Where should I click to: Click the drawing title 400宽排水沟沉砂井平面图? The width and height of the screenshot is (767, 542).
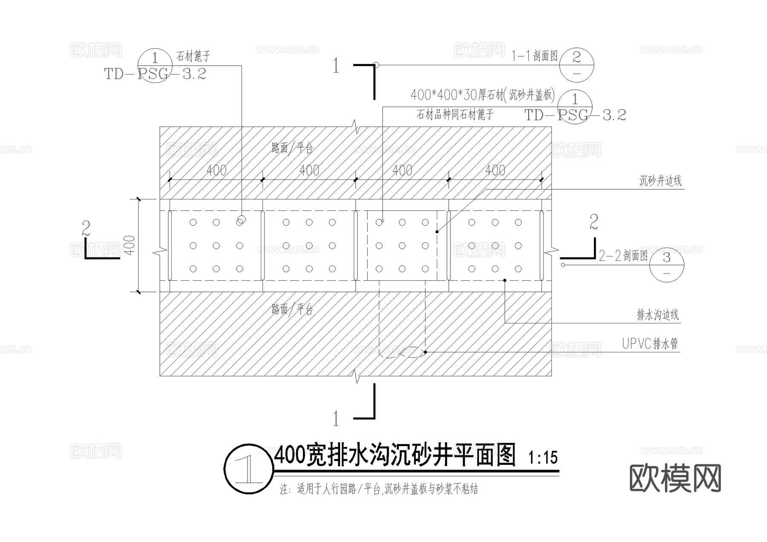coord(395,456)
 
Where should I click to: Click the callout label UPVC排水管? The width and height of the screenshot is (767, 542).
coord(649,343)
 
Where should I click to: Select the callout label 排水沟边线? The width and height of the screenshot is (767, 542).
coord(657,315)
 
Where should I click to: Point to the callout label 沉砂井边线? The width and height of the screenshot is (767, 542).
coord(660,181)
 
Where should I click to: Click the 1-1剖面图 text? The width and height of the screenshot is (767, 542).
coord(534,56)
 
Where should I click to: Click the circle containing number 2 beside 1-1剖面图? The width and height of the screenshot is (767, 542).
coord(576,65)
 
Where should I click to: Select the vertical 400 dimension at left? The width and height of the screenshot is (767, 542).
coord(131,245)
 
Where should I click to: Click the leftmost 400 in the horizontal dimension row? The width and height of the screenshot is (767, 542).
coord(216,170)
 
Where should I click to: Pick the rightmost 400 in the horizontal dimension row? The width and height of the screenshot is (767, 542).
coord(495,170)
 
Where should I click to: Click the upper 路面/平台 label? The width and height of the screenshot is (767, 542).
coord(292,148)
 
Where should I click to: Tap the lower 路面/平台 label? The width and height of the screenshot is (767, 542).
coord(292,309)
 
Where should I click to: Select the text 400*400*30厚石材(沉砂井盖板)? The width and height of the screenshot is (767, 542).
coord(482,95)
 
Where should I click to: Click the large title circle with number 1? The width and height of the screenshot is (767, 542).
coord(248,470)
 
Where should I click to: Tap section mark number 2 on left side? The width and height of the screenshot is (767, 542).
coord(86,229)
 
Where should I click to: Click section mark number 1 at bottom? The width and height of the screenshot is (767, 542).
coord(336,419)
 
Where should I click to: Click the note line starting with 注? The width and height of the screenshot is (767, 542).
coord(379,489)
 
